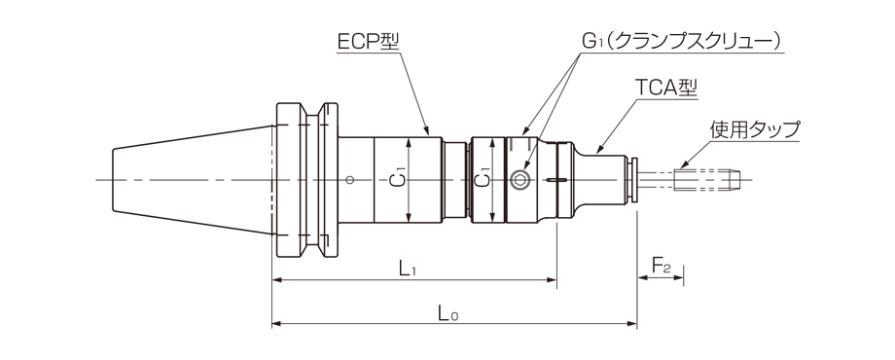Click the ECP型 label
pos(368,41)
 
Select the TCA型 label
pos(666,88)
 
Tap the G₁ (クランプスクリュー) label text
pos(681,41)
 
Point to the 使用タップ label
pos(755,129)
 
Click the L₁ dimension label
pos(407,267)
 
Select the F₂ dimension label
pos(661,266)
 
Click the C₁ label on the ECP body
pos(399,180)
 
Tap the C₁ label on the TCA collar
pos(482,180)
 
